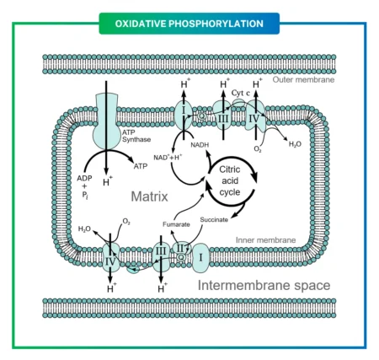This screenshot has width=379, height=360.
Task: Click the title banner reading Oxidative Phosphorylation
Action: tap(189, 23)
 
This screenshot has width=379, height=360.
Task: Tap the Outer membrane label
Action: tap(304, 79)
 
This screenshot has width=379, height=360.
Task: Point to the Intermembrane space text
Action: tap(264, 286)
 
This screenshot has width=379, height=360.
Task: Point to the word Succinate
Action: tap(215, 220)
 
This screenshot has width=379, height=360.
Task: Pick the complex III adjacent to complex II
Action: tap(162, 250)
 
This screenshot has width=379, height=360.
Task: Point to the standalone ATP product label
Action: tap(140, 167)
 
